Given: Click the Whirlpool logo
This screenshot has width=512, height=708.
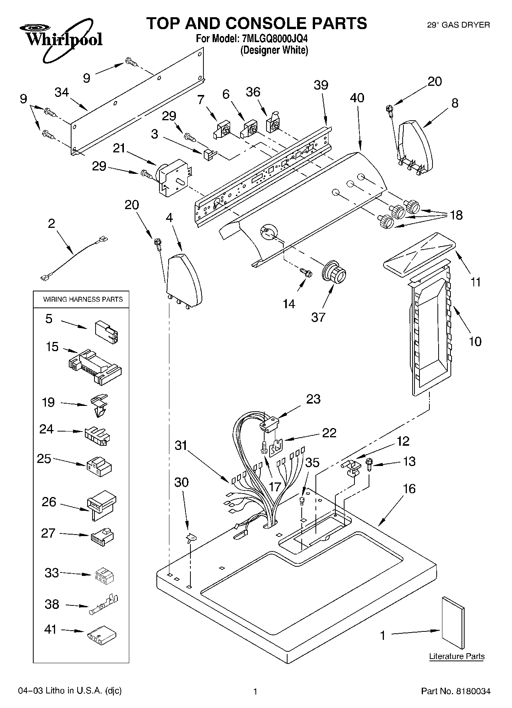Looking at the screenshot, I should pyautogui.click(x=61, y=39).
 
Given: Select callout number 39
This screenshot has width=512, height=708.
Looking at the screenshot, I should pyautogui.click(x=321, y=85).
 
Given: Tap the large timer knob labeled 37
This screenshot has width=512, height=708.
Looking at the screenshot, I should pyautogui.click(x=335, y=273).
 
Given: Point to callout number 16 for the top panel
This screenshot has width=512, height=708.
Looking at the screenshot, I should pyautogui.click(x=409, y=489).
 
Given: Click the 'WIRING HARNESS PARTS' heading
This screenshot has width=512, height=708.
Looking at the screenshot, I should pyautogui.click(x=83, y=299).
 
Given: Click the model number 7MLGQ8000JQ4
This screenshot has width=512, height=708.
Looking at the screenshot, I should pyautogui.click(x=274, y=39).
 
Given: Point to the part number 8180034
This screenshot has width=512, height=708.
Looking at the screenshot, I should pyautogui.click(x=473, y=691).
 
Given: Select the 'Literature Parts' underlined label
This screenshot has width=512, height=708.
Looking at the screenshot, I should pyautogui.click(x=457, y=656).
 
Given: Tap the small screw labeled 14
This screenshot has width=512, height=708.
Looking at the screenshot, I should pyautogui.click(x=307, y=272).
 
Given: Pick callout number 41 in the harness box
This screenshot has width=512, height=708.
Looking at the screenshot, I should pyautogui.click(x=50, y=629).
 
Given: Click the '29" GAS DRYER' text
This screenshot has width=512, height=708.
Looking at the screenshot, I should pyautogui.click(x=458, y=25).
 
